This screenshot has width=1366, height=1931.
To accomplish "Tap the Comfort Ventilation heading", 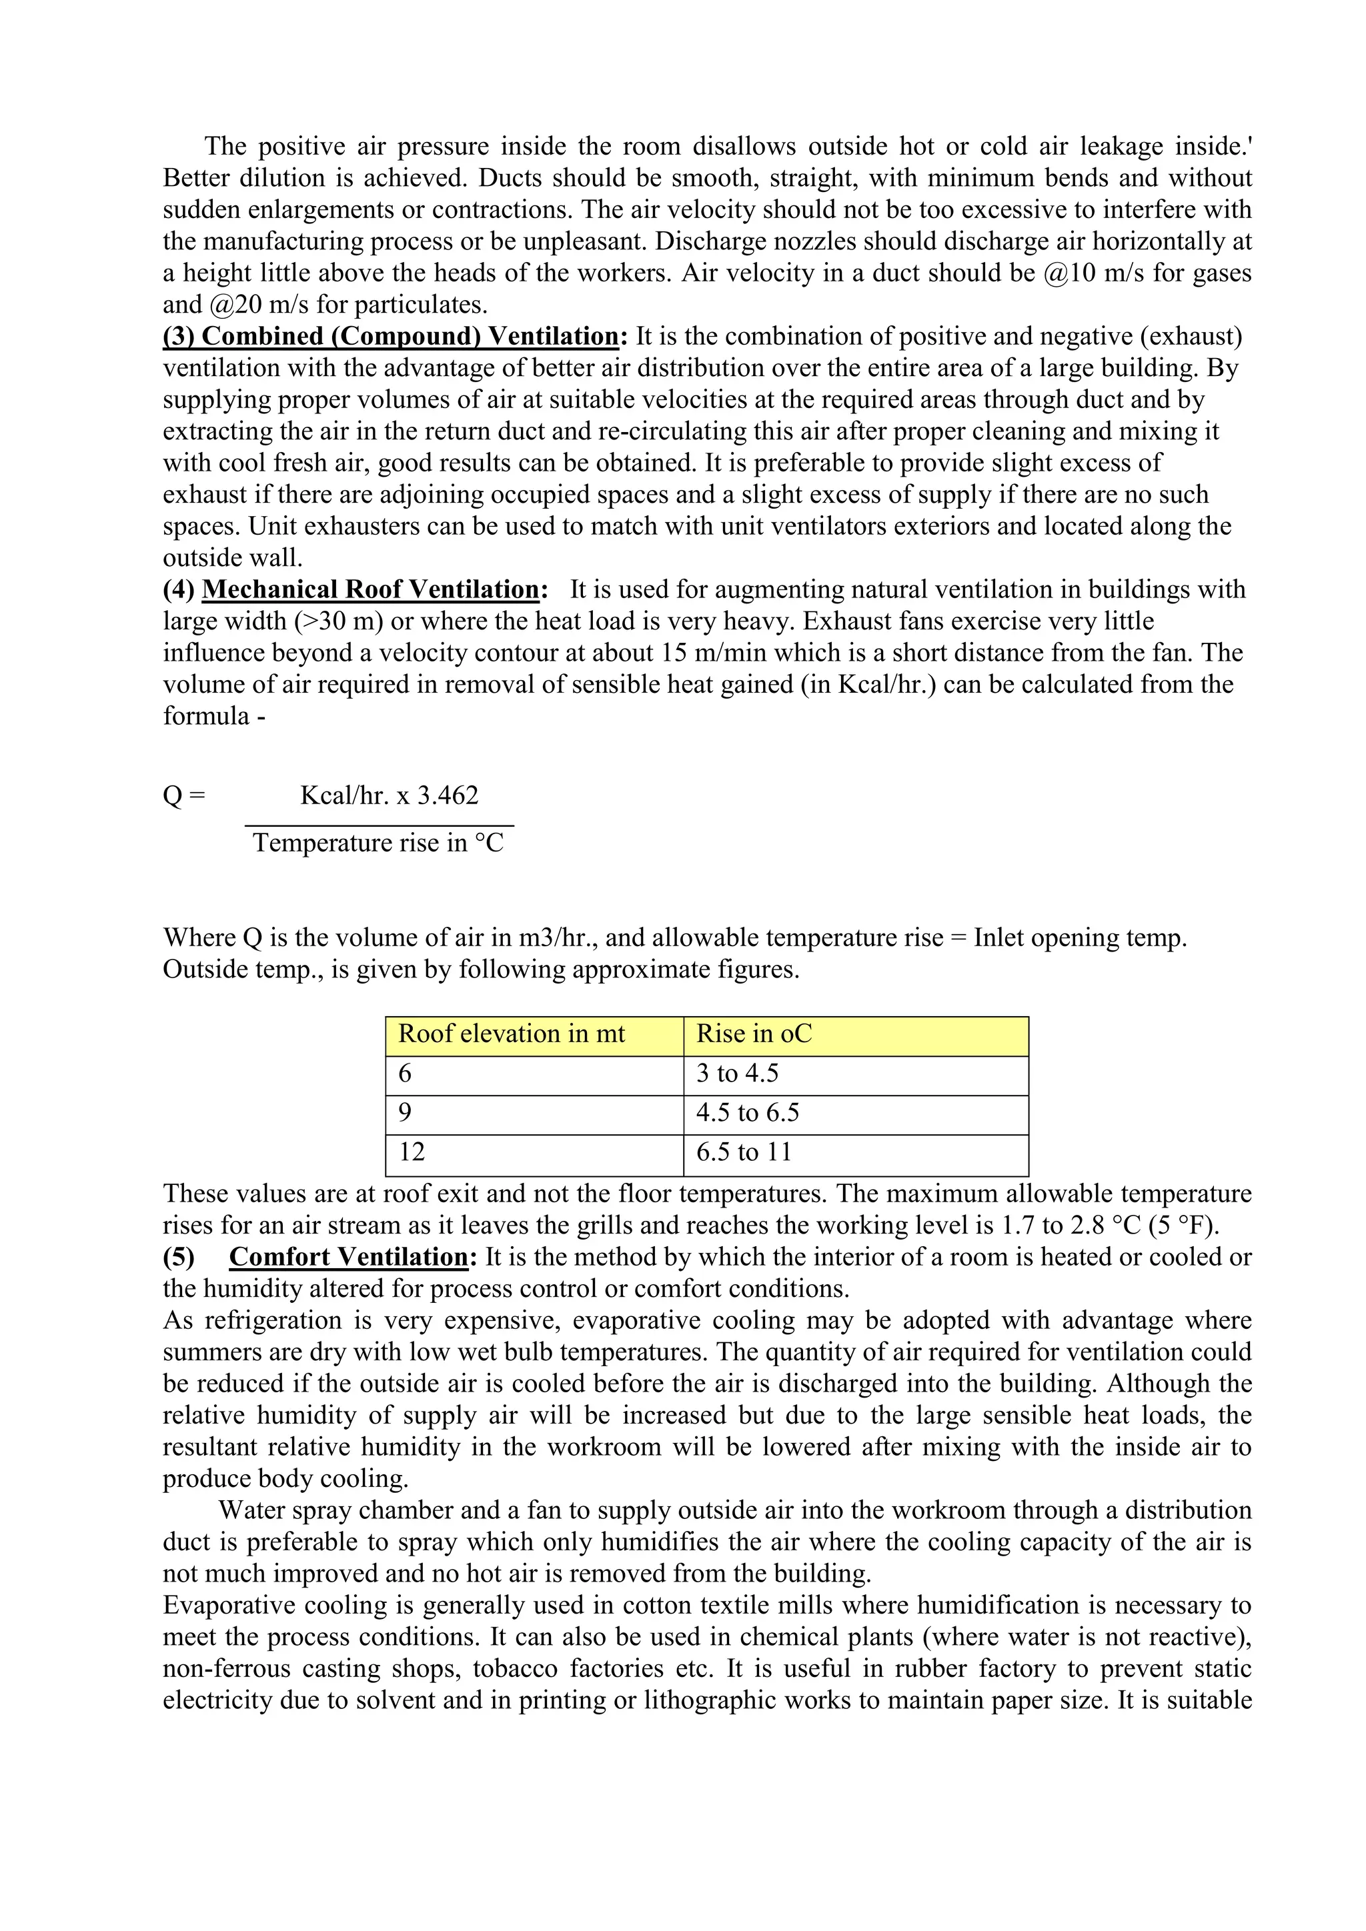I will coord(348,1258).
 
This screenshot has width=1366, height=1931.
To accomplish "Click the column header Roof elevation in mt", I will coord(512,1034).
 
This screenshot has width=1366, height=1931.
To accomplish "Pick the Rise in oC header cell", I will coord(754,1034).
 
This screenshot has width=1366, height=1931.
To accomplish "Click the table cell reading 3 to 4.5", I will coord(737,1074).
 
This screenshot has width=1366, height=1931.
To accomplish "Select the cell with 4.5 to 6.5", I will coord(747,1114).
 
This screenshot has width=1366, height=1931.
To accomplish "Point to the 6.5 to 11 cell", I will coord(744,1152).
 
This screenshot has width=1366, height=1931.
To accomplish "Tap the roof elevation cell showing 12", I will coord(412,1152).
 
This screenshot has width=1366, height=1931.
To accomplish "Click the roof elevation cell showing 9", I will coord(405,1114).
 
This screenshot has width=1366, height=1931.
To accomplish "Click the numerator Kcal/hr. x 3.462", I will coord(389,795).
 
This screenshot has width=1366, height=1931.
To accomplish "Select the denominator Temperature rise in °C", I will coord(378,843).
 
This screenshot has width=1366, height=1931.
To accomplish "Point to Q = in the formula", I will coord(183,795).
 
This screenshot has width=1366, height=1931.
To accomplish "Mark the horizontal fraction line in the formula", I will coord(380,826).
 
